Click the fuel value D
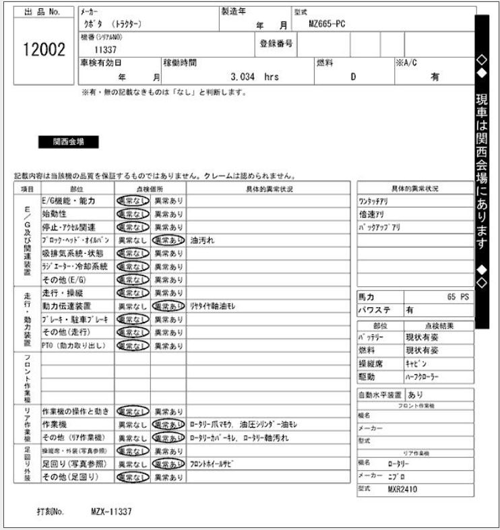352,77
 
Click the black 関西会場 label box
69,142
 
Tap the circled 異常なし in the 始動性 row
132,213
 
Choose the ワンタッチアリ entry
373,201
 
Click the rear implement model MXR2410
403,490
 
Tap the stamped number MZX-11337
111,512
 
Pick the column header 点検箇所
150,189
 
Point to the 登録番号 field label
276,44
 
